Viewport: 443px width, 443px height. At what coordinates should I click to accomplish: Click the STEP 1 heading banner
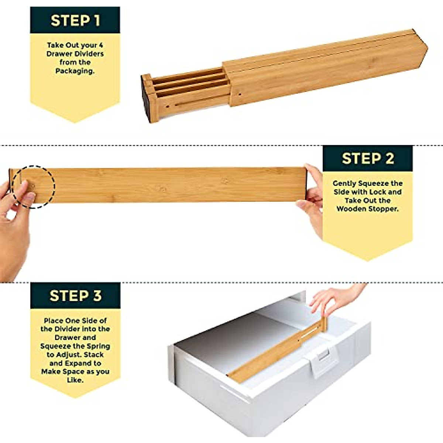pyautogui.click(x=75, y=20)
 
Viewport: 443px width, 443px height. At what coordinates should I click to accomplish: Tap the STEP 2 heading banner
pyautogui.click(x=367, y=159)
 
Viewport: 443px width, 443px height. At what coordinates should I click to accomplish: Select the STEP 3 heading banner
pyautogui.click(x=75, y=296)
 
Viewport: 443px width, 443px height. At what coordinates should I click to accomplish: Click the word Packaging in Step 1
pyautogui.click(x=75, y=71)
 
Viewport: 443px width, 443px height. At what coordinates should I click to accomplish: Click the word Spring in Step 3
pyautogui.click(x=98, y=346)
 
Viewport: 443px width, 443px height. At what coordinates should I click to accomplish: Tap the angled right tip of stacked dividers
pyautogui.click(x=427, y=49)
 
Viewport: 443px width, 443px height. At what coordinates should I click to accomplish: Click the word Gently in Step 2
pyautogui.click(x=344, y=183)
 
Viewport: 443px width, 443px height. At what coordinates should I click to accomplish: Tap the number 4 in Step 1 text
pyautogui.click(x=100, y=45)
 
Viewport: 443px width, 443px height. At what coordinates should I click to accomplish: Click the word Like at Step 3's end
pyautogui.click(x=75, y=380)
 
